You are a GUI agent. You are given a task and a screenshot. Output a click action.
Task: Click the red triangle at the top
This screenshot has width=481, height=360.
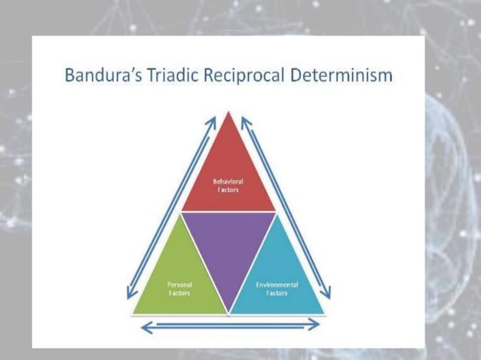coord(228,177)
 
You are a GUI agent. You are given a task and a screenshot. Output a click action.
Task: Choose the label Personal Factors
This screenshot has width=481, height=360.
coord(179,288)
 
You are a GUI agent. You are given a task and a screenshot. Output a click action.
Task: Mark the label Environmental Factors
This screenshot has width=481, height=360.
coord(277,288)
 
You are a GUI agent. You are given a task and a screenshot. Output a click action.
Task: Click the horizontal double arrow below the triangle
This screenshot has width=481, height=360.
coord(231,326)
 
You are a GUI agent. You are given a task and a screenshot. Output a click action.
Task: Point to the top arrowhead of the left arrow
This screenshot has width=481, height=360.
coord(212,121)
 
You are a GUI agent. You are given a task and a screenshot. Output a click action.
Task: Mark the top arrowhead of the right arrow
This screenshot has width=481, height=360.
coord(245,121)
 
